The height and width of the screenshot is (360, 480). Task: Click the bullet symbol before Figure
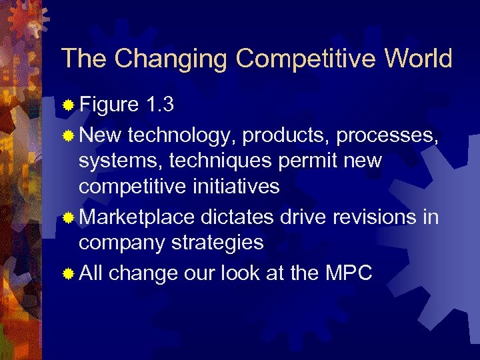point(68,105)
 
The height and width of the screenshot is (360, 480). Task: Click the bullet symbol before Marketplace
point(68,218)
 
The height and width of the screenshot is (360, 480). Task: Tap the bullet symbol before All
point(68,274)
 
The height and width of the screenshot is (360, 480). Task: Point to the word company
point(122,243)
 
